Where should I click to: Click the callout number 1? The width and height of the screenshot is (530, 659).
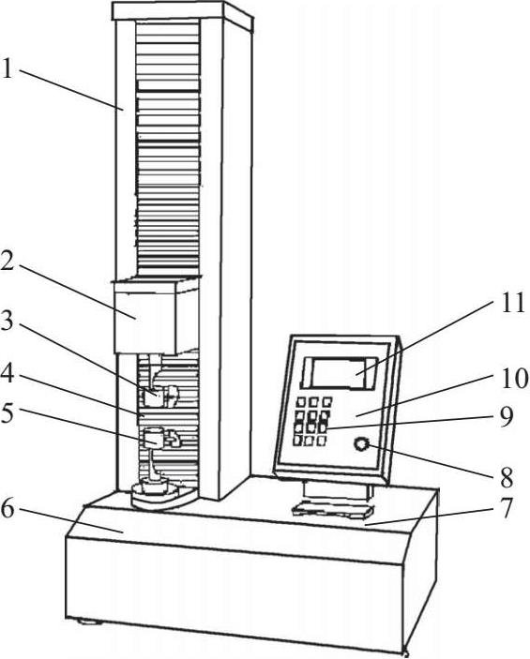[x=8, y=68]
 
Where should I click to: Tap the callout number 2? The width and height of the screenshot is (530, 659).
[x=8, y=262]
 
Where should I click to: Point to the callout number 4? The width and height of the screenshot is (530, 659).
[x=8, y=373]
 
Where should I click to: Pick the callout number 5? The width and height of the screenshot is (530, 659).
[x=8, y=413]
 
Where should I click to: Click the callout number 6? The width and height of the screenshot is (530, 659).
[x=8, y=509]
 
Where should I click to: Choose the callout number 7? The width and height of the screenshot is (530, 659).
[x=506, y=508]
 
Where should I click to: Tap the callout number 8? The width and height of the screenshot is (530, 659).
[x=506, y=477]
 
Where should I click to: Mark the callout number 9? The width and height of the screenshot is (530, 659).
[x=507, y=416]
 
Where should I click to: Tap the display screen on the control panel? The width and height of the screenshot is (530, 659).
[x=339, y=373]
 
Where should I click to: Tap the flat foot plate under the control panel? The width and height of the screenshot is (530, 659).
[x=333, y=510]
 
